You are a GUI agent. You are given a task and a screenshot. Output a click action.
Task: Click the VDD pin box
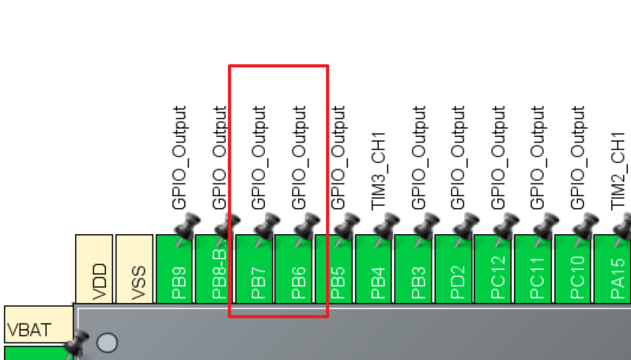click(95, 268)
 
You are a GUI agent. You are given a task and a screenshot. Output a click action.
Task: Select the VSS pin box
click(134, 268)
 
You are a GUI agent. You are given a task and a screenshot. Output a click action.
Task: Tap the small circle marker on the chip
click(106, 342)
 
